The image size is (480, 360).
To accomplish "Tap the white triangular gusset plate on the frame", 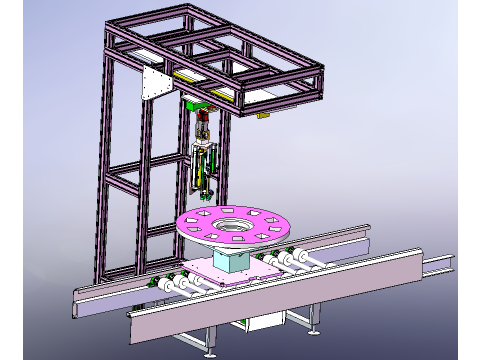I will [x=154, y=85].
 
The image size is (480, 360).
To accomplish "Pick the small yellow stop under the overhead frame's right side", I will [x=264, y=116].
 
